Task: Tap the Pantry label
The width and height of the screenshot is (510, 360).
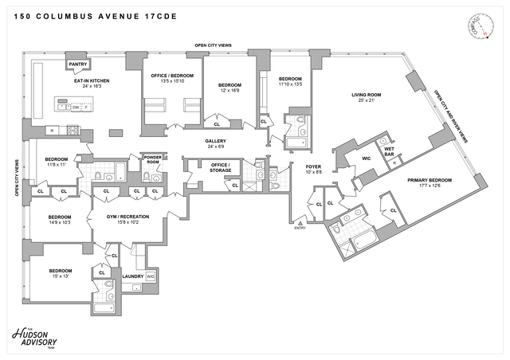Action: [77, 64]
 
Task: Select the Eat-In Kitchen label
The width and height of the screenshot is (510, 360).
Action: [92, 80]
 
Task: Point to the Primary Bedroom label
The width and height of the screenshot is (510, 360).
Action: [430, 180]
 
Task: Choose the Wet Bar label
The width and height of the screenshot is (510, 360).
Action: [390, 149]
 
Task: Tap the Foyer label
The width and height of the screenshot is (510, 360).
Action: [312, 166]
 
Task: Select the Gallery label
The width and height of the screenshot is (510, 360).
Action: [216, 141]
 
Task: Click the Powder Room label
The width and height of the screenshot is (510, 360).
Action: [153, 158]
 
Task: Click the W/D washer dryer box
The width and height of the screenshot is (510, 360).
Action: [151, 276]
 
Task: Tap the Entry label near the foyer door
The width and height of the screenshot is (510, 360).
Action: [300, 228]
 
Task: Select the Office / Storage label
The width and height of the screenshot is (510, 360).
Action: [221, 167]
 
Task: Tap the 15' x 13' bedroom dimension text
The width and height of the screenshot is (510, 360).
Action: [60, 276]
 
